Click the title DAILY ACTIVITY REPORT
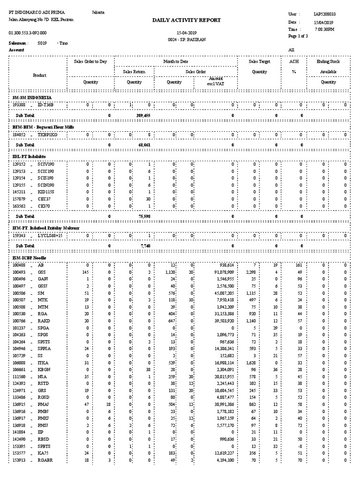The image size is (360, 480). click(180, 20)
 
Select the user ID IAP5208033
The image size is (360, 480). click(324, 15)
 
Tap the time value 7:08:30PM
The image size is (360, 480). click(324, 29)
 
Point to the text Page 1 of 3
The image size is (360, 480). click(299, 36)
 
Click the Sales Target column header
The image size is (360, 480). click(259, 61)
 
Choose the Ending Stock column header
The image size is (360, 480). click(328, 61)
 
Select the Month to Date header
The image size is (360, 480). click(176, 61)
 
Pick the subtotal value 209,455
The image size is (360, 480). click(143, 115)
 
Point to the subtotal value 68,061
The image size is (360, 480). click(144, 145)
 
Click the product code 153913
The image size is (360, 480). click(19, 460)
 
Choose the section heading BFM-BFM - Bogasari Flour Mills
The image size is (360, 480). click(43, 127)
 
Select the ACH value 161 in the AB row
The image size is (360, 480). click(299, 265)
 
